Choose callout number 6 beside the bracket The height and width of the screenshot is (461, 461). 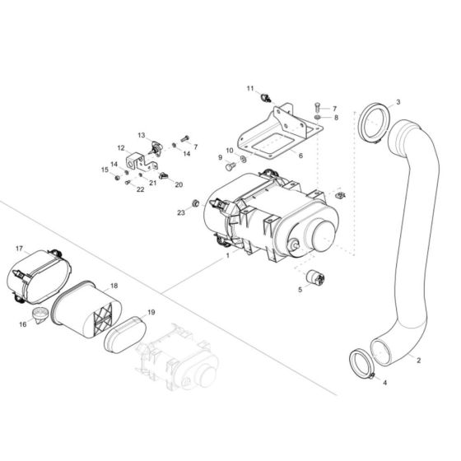coord(300,155)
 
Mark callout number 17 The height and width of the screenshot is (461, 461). coord(20,249)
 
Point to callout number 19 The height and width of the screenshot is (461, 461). coord(151,313)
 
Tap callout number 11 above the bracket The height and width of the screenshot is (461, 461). coord(249,88)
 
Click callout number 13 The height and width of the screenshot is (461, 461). coord(141,135)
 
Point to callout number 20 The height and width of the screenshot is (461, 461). coord(179,184)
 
